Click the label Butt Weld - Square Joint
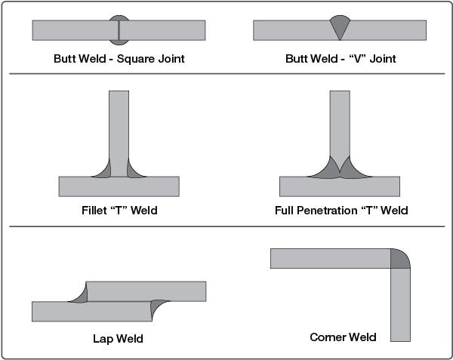tap(119, 57)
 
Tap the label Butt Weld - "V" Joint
tap(341, 57)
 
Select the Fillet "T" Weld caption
tap(119, 210)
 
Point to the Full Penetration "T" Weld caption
tap(341, 210)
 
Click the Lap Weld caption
tap(118, 338)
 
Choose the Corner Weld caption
tap(343, 337)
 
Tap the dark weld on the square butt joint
tap(119, 20)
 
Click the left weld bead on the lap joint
tap(78, 295)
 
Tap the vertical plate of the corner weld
tap(400, 306)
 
